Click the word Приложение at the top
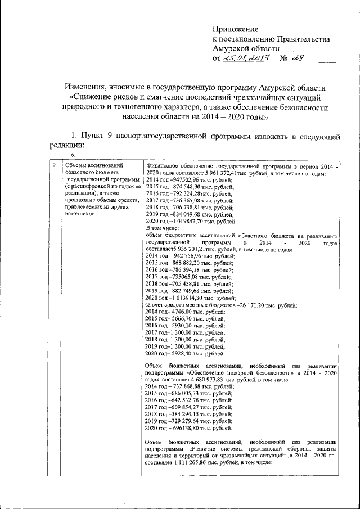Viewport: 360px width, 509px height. tap(235, 29)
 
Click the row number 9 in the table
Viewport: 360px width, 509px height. tap(54, 166)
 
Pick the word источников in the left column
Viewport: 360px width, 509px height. tap(82, 214)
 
